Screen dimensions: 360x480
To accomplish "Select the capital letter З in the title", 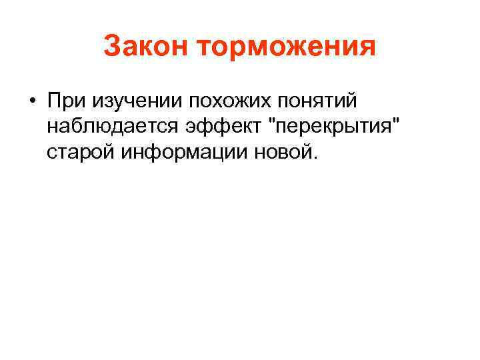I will tap(112, 47).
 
